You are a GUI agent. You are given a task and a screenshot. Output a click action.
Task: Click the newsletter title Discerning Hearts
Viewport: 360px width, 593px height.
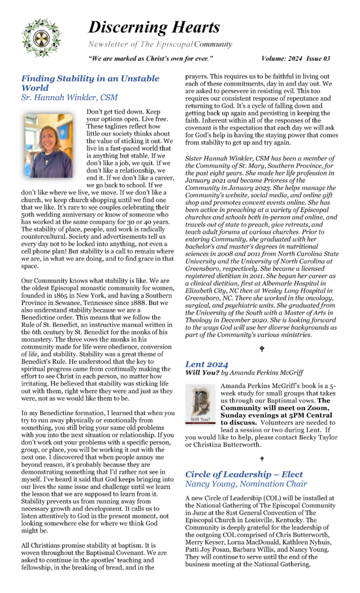[x=153, y=27]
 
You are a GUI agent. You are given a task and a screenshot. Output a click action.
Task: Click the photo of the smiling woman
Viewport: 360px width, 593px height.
[x=49, y=145]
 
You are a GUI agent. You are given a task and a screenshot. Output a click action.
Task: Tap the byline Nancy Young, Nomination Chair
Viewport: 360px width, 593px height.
[x=246, y=484]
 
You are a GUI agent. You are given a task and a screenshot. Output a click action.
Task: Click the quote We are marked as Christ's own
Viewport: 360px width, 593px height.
[x=151, y=58]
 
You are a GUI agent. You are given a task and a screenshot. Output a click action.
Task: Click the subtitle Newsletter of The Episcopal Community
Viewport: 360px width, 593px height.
[x=160, y=44]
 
